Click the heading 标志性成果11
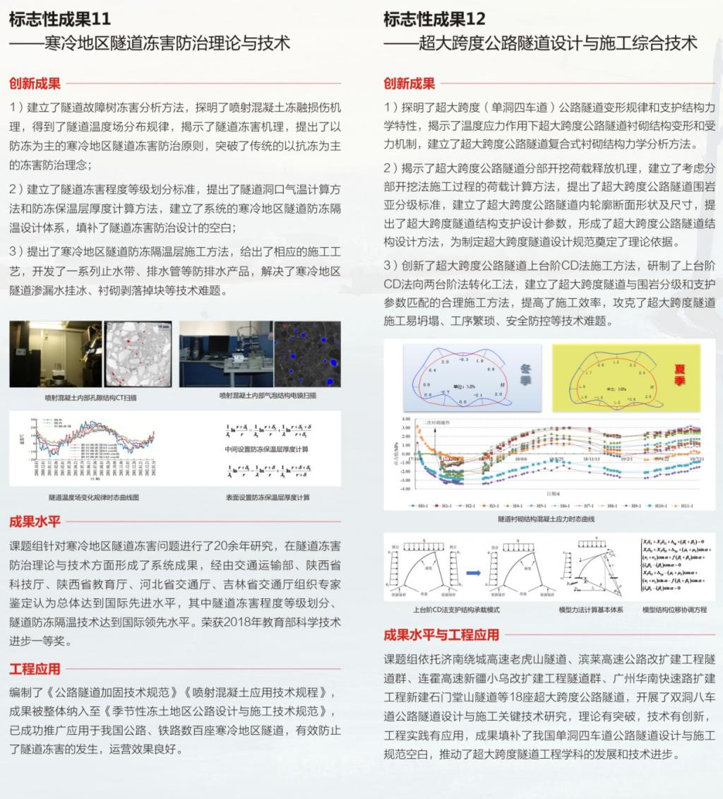(x=60, y=18)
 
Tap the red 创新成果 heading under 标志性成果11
(x=35, y=83)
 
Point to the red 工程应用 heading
(x=35, y=668)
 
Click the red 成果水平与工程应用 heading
(x=441, y=634)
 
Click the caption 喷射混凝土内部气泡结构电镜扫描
(x=268, y=396)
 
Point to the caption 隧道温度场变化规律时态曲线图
(x=94, y=497)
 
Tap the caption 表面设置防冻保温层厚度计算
(x=268, y=497)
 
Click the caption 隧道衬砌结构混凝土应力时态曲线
(x=546, y=519)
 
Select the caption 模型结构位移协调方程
(x=674, y=609)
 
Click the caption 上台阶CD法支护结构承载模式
(x=456, y=609)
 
